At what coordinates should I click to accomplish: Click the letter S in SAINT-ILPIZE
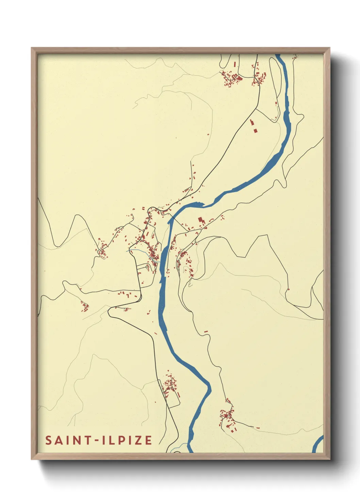click(48, 440)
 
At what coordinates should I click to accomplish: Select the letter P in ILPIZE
click(120, 440)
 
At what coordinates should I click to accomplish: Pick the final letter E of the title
click(148, 440)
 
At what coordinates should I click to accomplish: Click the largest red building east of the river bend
click(200, 219)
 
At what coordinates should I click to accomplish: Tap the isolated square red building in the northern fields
click(255, 130)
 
